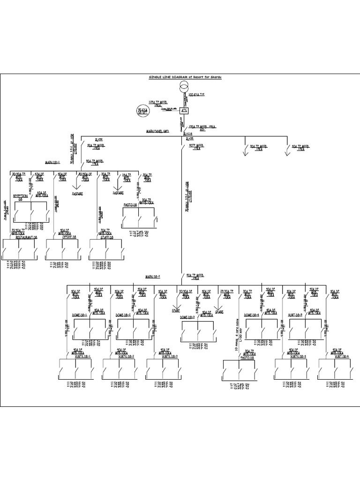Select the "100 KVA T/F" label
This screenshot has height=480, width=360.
196,95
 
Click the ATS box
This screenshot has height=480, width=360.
183,111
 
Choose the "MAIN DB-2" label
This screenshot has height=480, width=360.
153,276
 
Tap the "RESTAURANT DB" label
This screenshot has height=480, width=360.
27,238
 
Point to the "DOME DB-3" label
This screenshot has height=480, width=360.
188,318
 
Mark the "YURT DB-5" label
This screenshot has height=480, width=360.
297,315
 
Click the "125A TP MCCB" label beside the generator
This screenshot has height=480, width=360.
158,101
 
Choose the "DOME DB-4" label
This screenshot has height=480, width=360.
253,315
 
